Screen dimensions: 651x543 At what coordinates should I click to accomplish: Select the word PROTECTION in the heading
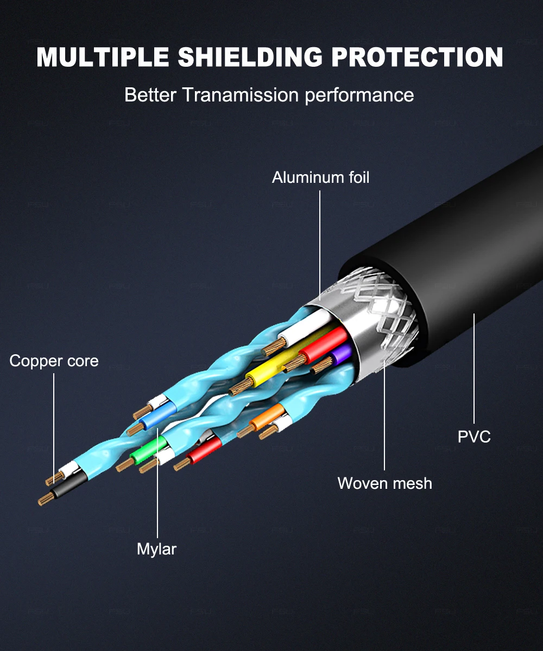tap(417, 57)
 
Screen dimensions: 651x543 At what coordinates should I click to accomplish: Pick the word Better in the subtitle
tap(150, 95)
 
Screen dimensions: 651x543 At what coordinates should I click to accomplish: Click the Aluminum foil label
tap(320, 177)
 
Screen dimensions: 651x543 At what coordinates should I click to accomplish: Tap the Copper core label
tap(54, 361)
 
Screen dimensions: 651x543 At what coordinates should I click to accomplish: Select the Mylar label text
tap(156, 548)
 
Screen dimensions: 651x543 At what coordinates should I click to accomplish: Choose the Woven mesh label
tap(384, 483)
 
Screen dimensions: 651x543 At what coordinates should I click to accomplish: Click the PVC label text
tap(474, 436)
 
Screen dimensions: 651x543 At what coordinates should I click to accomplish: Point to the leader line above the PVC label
tap(474, 369)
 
